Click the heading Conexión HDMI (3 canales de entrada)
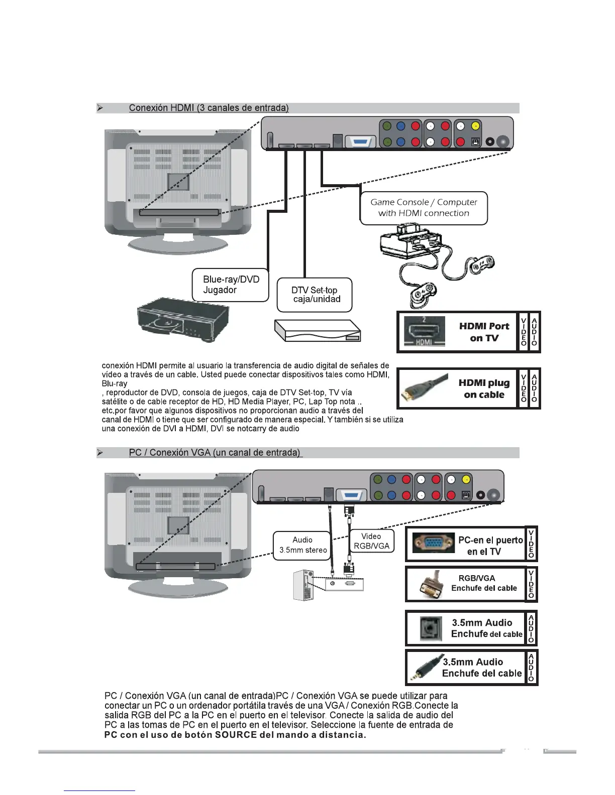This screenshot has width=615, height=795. (x=209, y=108)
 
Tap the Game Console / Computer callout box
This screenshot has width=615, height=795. (x=424, y=208)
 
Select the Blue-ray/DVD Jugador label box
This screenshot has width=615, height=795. (x=231, y=285)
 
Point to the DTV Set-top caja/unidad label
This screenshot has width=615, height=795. (x=315, y=295)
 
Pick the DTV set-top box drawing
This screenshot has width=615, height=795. (x=318, y=331)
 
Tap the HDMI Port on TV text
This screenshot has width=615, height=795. (x=484, y=332)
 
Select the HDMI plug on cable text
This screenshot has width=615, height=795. (x=484, y=388)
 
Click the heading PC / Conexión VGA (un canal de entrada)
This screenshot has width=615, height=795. (x=215, y=453)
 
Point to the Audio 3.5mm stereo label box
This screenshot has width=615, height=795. (x=302, y=545)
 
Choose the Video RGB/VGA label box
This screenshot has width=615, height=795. (x=371, y=541)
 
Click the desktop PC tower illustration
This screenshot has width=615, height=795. (x=303, y=585)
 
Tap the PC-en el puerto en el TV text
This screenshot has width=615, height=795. (x=490, y=546)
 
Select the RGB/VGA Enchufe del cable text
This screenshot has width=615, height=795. (x=483, y=583)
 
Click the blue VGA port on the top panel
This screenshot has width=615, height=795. (x=360, y=142)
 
